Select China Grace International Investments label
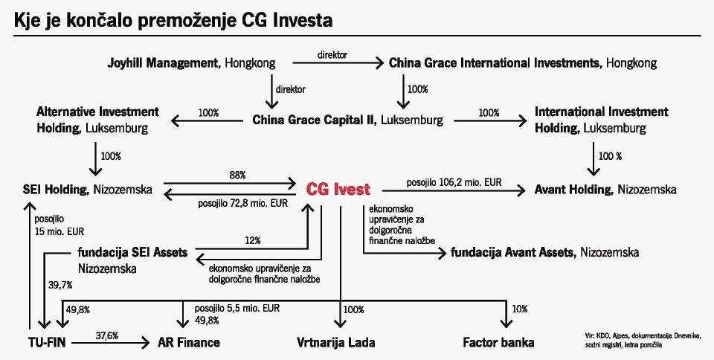pos(523,63)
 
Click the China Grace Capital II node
pos(348,119)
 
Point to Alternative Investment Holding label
pos(97,119)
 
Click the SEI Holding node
pos(88,190)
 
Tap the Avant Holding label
pos(605,190)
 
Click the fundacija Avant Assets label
pos(544,252)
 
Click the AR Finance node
pos(189,343)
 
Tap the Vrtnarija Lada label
pos(335,343)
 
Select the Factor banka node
pos(498,343)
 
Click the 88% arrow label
pos(238,174)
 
